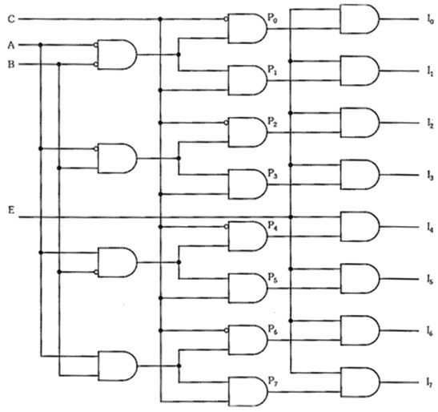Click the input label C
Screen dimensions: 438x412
coord(11,19)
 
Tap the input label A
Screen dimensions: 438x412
coord(11,45)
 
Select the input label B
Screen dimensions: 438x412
coord(11,64)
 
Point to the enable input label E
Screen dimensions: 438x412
coord(11,210)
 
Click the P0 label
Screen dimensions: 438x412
coord(272,18)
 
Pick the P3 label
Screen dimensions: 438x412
coord(272,174)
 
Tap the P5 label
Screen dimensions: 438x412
coord(272,278)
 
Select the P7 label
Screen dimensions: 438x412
coord(272,382)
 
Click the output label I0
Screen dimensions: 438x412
coord(430,19)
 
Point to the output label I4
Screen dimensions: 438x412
coord(430,228)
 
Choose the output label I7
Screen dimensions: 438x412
coord(430,382)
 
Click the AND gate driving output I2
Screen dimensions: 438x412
coord(360,123)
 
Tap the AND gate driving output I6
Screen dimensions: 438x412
coord(360,330)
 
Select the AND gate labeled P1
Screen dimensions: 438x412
coord(247,80)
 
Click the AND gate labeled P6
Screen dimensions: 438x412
coord(247,340)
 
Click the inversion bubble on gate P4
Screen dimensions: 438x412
coord(227,227)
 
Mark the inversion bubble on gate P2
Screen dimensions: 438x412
coord(227,123)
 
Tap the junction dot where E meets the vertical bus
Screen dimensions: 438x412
coord(291,216)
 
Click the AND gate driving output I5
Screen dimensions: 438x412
coord(360,279)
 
